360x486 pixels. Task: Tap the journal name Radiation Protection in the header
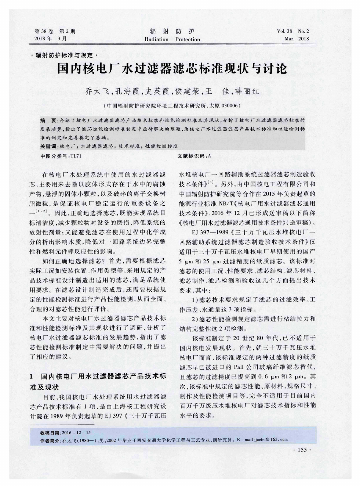[172, 39]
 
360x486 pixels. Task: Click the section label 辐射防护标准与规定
[65, 55]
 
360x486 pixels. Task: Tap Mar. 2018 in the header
[297, 39]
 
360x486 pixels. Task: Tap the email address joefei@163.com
[270, 439]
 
